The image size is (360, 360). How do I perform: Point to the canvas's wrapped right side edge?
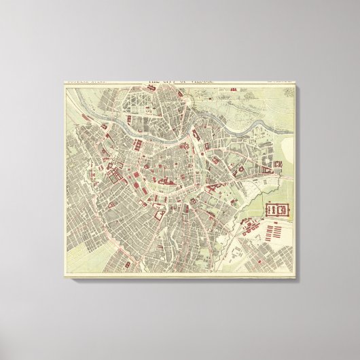click(x=299, y=177)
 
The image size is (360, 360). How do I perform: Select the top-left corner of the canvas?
click(x=64, y=82)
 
